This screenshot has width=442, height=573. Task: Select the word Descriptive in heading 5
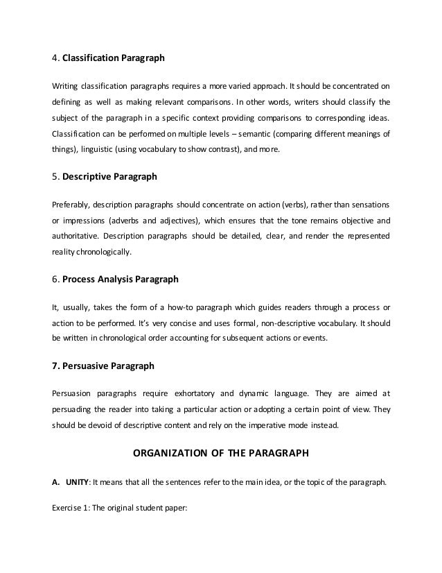[x=87, y=177]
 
